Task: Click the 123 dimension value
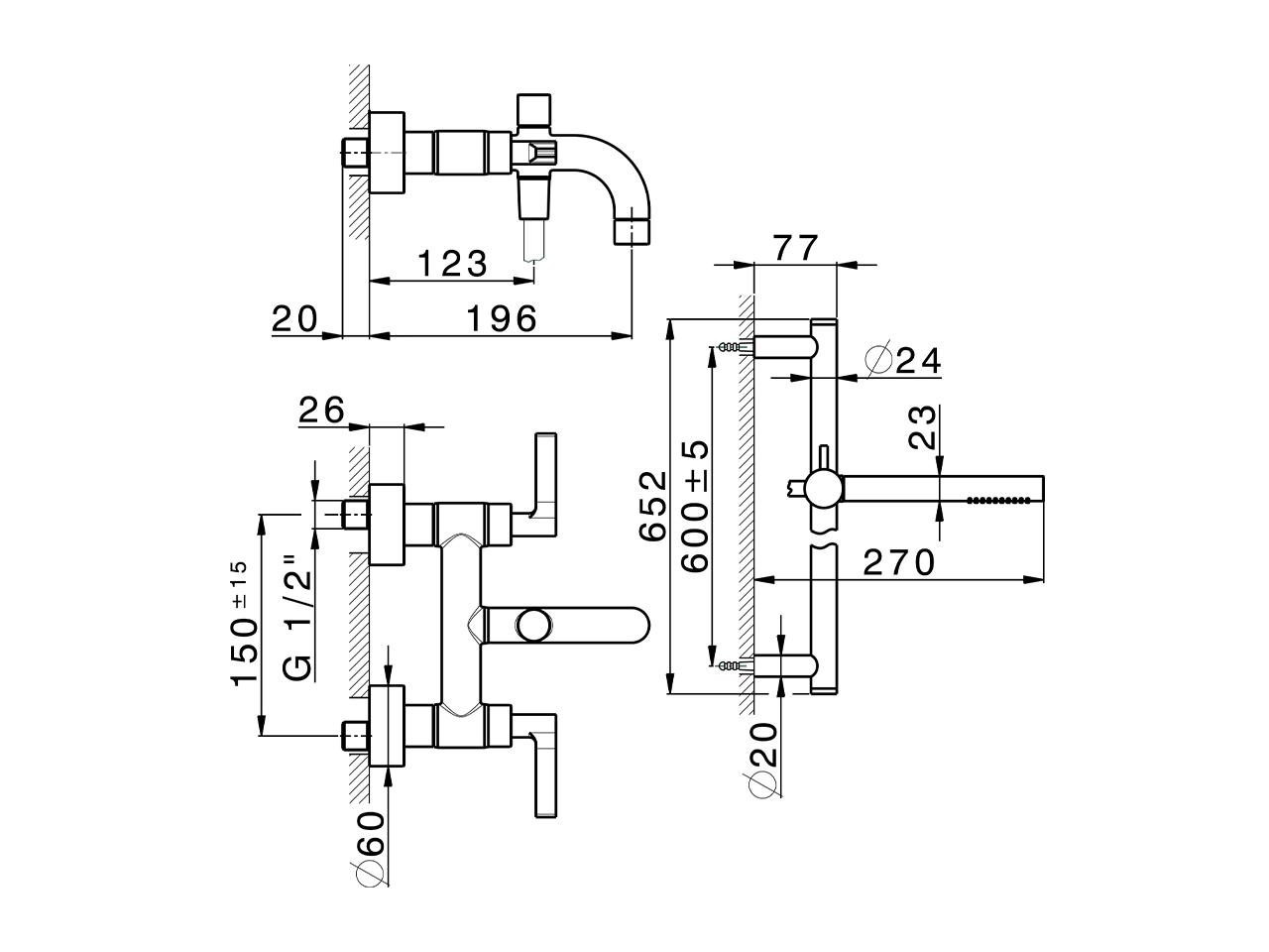pos(451,265)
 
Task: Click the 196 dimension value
pos(501,318)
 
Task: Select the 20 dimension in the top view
pos(293,318)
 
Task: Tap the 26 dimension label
pos(320,410)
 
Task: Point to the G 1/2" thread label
pos(297,617)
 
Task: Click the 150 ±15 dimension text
pos(244,625)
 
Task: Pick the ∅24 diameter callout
pos(902,361)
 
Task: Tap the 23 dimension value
pos(923,427)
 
